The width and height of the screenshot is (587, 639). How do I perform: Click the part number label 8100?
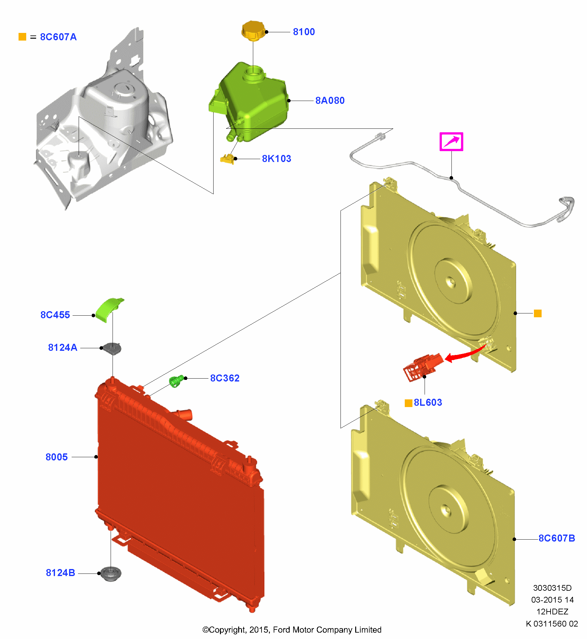[x=304, y=32]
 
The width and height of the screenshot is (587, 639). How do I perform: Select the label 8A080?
[x=330, y=101]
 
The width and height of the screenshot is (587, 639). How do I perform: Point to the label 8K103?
[x=277, y=159]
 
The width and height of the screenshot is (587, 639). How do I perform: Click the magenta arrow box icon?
[x=451, y=142]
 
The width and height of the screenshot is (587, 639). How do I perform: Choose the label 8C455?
[x=55, y=315]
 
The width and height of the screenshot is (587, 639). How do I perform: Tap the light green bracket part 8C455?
[x=109, y=310]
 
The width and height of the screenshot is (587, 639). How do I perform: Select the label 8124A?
[x=63, y=348]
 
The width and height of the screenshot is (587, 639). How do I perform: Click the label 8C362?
[x=225, y=378]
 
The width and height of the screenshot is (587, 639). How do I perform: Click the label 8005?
[x=57, y=457]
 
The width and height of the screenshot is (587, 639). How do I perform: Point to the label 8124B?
[x=60, y=573]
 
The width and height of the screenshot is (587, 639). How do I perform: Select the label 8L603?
[x=428, y=403]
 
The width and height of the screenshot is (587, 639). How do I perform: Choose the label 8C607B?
[x=557, y=538]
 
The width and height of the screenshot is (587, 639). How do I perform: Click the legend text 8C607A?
[x=58, y=37]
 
